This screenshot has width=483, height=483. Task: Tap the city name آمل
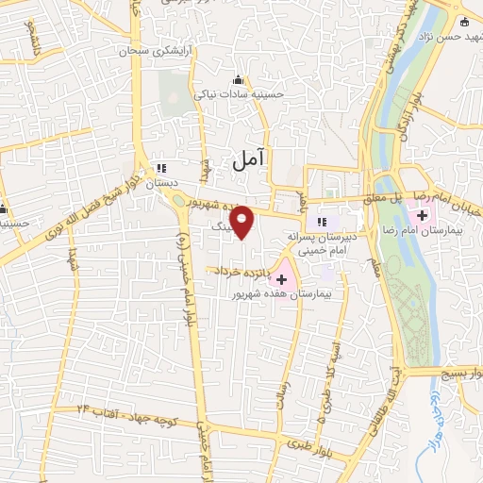249,161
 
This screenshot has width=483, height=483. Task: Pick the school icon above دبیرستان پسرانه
323,222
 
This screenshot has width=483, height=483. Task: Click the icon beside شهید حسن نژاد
463,23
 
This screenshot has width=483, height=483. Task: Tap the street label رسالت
282,388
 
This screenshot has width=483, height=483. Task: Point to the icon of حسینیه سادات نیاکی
238,79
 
